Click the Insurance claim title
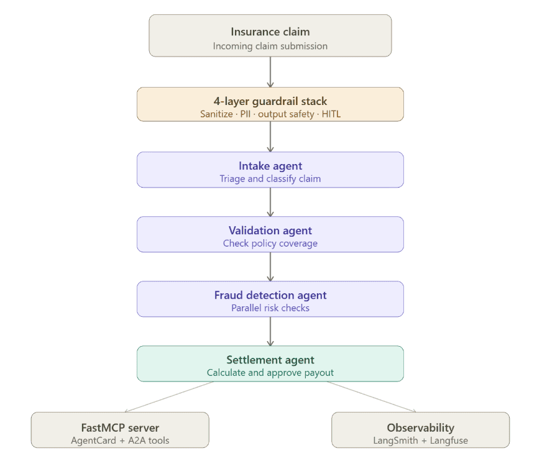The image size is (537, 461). pyautogui.click(x=270, y=32)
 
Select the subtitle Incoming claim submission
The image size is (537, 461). pyautogui.click(x=270, y=46)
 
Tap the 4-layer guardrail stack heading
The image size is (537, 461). pyautogui.click(x=270, y=101)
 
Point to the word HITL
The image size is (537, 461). pyautogui.click(x=331, y=114)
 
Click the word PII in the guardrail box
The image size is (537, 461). pyautogui.click(x=246, y=114)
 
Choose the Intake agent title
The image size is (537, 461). pyautogui.click(x=270, y=166)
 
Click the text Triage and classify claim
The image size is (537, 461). pyautogui.click(x=270, y=179)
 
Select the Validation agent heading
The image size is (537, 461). pyautogui.click(x=270, y=230)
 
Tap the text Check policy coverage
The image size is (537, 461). pyautogui.click(x=270, y=244)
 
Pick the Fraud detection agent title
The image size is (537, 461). pyautogui.click(x=270, y=295)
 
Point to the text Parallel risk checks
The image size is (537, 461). pyautogui.click(x=270, y=308)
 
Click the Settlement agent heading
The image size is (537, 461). pyautogui.click(x=270, y=360)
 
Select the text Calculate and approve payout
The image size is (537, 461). pyautogui.click(x=270, y=373)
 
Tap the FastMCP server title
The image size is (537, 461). pyautogui.click(x=120, y=428)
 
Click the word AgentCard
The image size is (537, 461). pyautogui.click(x=93, y=440)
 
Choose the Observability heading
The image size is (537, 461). pyautogui.click(x=421, y=428)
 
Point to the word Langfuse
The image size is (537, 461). pyautogui.click(x=449, y=440)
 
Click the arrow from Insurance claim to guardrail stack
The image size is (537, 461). pyautogui.click(x=270, y=72)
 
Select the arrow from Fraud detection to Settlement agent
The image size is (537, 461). pyautogui.click(x=270, y=331)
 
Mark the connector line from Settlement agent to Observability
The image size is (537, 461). pyautogui.click(x=372, y=396)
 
